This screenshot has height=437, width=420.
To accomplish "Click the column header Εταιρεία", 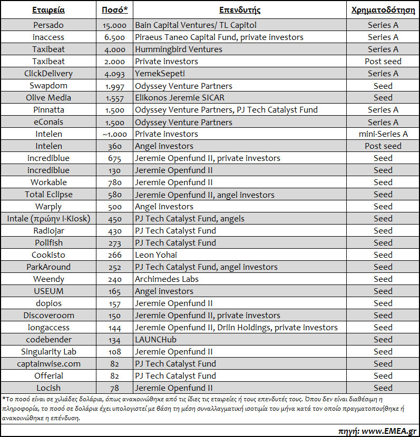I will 48,9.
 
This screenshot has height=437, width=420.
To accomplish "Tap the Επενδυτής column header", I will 240,9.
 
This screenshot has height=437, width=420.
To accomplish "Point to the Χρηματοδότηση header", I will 383,9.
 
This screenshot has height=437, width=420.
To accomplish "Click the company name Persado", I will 48,25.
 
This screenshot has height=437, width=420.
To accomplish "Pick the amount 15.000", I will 114,25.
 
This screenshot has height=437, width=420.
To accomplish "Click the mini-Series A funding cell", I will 383,134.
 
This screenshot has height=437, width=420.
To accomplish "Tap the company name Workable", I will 48,182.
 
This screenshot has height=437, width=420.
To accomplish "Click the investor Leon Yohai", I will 155,255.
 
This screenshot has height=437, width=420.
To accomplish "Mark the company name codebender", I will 48,340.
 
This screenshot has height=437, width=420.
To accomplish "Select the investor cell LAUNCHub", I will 155,340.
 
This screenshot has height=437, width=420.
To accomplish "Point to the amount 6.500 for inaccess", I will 114,37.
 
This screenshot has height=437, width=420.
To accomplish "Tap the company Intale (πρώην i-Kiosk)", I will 48,219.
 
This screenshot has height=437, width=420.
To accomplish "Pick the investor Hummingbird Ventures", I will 179,49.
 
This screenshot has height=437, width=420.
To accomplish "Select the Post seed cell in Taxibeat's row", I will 383,62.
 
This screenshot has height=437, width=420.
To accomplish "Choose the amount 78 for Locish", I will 114,388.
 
